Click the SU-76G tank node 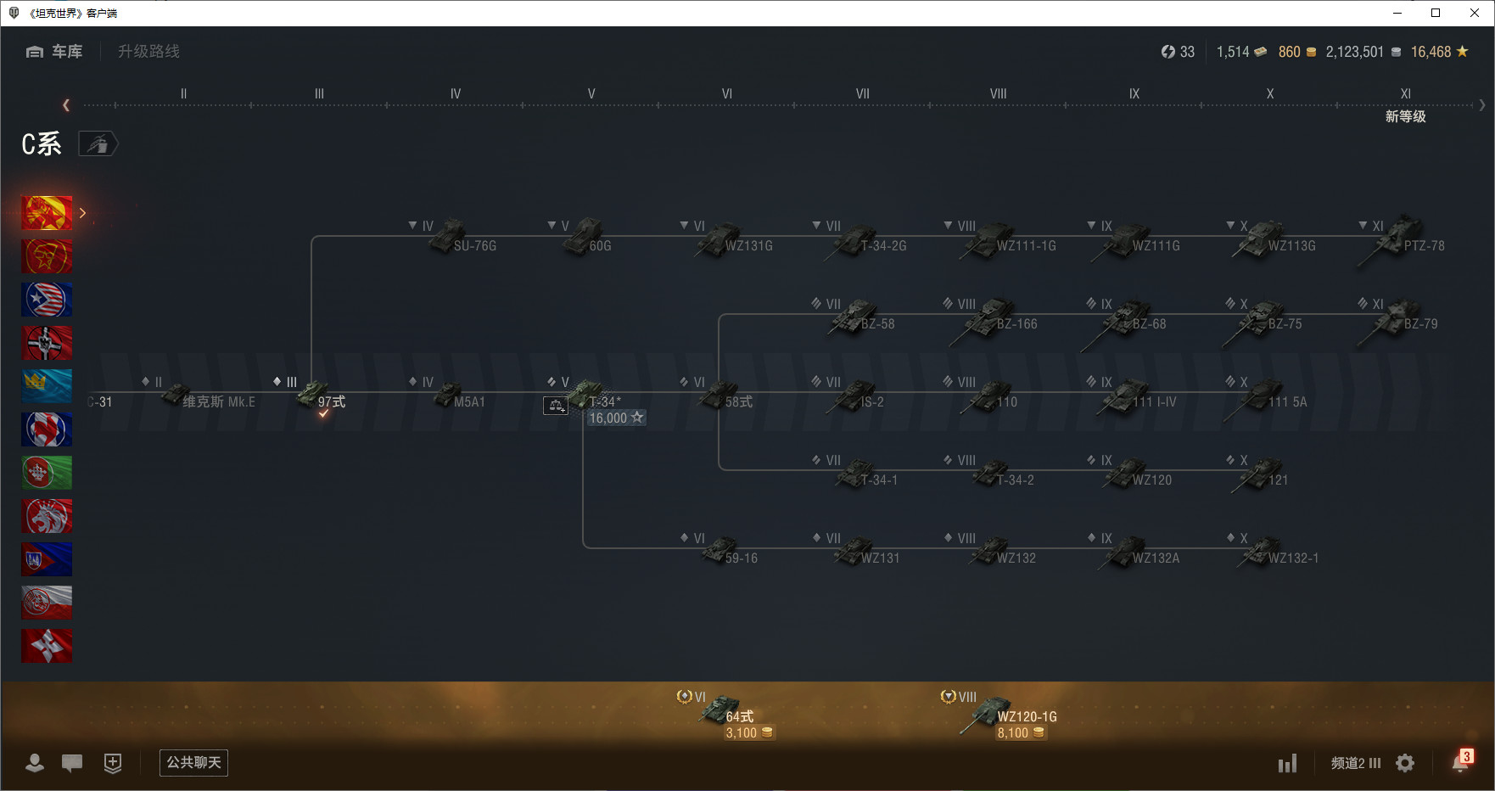(x=462, y=239)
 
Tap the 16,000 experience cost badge (x=616, y=418)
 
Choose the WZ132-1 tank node (x=1277, y=553)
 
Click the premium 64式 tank (x=730, y=711)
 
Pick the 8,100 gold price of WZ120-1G (x=1020, y=733)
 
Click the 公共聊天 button (x=193, y=762)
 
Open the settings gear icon (x=1405, y=763)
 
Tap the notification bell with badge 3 (x=1460, y=762)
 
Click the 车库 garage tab (x=55, y=52)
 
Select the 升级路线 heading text (x=148, y=52)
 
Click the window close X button (x=1475, y=13)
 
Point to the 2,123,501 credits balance (x=1355, y=52)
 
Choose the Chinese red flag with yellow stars (x=47, y=213)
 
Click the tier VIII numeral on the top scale (x=998, y=94)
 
